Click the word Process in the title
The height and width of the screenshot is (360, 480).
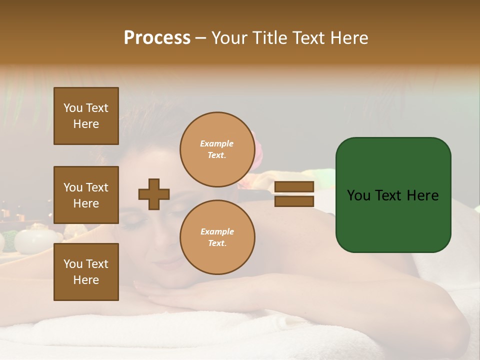tap(157, 38)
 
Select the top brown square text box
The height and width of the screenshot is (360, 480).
tap(86, 116)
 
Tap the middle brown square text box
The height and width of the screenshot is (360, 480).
tap(86, 195)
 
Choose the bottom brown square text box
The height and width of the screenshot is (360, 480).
tap(86, 272)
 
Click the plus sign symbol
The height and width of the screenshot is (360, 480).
tap(154, 194)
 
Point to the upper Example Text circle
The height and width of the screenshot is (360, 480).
tap(217, 149)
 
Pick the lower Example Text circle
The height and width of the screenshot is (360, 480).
tap(217, 237)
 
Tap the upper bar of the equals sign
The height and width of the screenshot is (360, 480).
tap(294, 186)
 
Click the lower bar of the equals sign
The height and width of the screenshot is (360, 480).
tap(294, 201)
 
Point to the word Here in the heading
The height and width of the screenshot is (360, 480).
tap(349, 38)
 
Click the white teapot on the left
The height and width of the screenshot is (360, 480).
tap(31, 239)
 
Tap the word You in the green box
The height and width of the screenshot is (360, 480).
tap(358, 195)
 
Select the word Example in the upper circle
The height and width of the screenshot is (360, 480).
tap(216, 143)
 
